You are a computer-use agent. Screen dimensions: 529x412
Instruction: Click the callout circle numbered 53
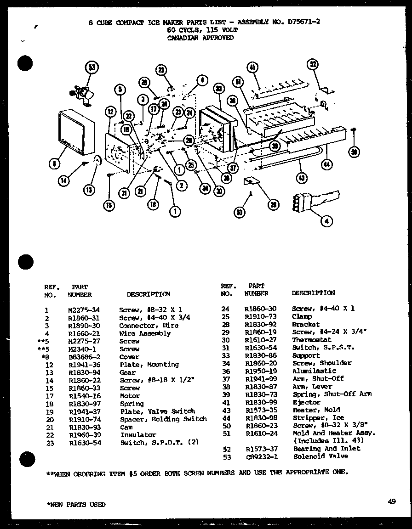tap(92, 68)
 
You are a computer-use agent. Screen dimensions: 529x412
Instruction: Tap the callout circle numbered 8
tap(55, 163)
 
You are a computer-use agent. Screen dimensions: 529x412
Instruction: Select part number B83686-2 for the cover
tap(83, 357)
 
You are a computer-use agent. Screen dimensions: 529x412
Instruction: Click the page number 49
tap(391, 501)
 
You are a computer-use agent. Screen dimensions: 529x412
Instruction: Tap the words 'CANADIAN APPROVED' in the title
tap(200, 38)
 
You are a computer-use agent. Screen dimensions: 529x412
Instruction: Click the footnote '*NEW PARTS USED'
tap(76, 504)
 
